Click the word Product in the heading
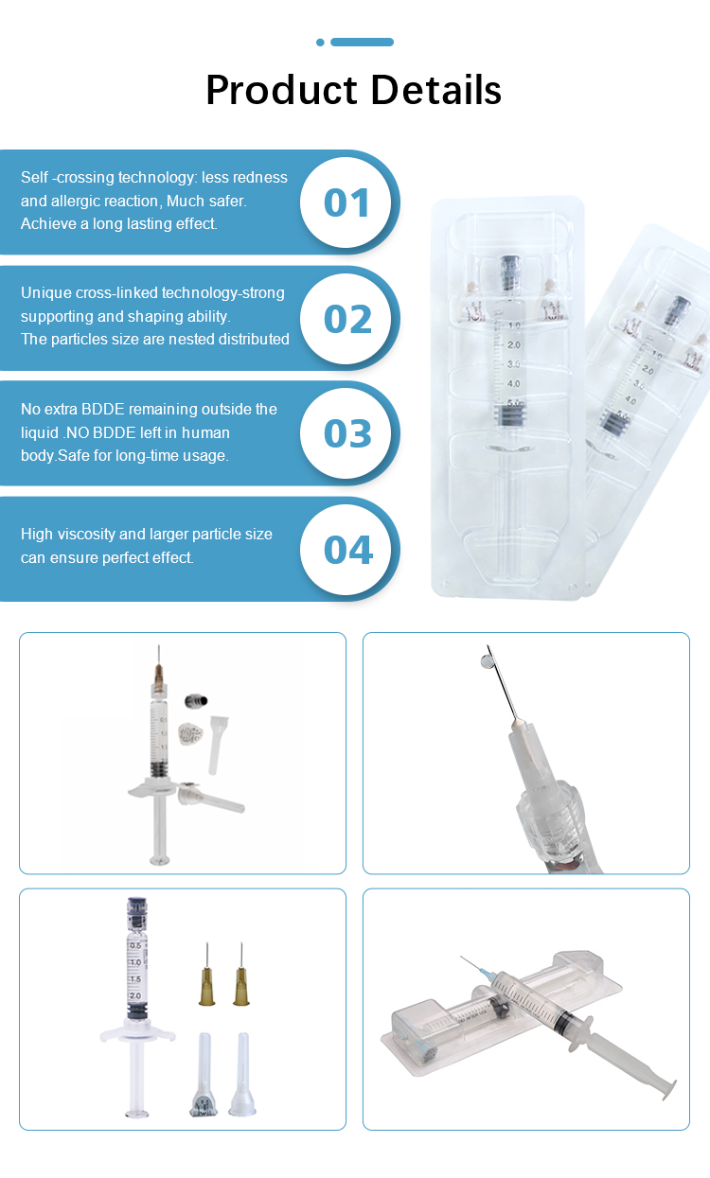click(x=282, y=91)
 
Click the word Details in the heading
click(x=436, y=90)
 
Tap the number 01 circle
click(x=346, y=202)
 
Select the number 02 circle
click(x=346, y=319)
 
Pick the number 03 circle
click(x=346, y=433)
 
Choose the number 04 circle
click(x=346, y=550)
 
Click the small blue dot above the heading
click(x=320, y=42)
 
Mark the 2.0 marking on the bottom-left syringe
click(x=135, y=995)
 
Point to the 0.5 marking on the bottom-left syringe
click(x=135, y=945)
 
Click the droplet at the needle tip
click(x=487, y=661)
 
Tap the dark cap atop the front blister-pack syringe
click(x=509, y=273)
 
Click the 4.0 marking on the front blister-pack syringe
click(x=514, y=384)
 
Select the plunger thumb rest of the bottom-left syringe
click(x=137, y=1113)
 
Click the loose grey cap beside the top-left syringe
click(x=196, y=700)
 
